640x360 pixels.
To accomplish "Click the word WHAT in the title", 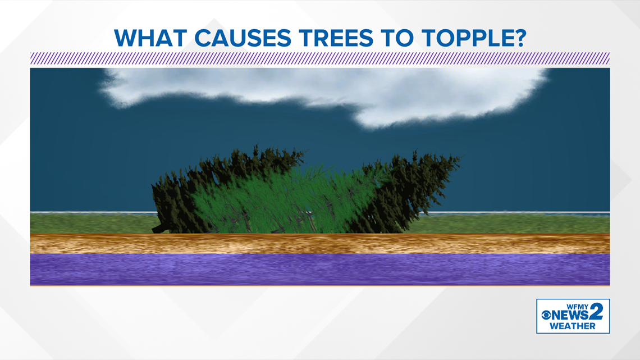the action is pyautogui.click(x=150, y=38).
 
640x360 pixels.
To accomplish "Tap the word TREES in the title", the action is pyautogui.click(x=336, y=38).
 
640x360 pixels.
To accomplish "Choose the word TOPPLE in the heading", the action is pyautogui.click(x=465, y=38).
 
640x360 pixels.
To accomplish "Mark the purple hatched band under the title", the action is pyautogui.click(x=320, y=58).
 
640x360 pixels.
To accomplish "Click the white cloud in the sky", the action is pyautogui.click(x=327, y=95).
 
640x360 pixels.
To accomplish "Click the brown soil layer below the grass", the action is pyautogui.click(x=320, y=244).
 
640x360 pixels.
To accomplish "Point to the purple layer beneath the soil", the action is pyautogui.click(x=320, y=270).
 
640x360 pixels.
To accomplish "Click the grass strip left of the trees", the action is pyautogui.click(x=92, y=224).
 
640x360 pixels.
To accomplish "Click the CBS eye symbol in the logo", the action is pyautogui.click(x=546, y=315).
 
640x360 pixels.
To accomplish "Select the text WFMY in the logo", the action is pyautogui.click(x=577, y=307).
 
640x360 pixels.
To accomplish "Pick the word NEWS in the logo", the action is pyautogui.click(x=570, y=315).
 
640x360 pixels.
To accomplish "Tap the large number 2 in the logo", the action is pyautogui.click(x=596, y=312).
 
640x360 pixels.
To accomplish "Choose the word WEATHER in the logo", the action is pyautogui.click(x=572, y=326).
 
